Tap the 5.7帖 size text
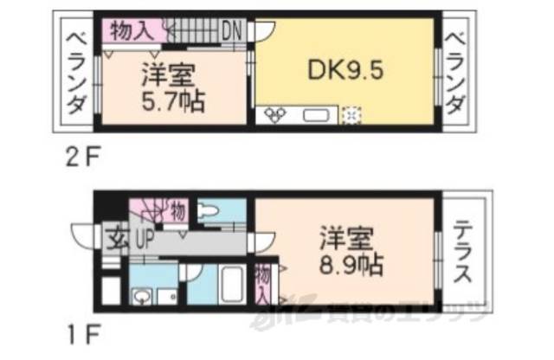click(172, 102)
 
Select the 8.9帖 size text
click(352, 260)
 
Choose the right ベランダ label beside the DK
click(457, 73)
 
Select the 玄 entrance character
click(114, 235)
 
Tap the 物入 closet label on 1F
click(262, 285)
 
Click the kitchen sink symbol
click(312, 115)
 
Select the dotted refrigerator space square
click(352, 115)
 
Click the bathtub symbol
click(229, 286)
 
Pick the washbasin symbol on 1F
click(142, 295)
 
